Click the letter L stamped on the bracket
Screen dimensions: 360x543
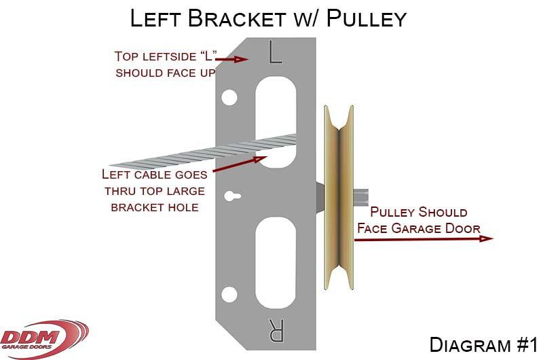coord(274,53)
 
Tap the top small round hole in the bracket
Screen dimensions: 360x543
coord(229,98)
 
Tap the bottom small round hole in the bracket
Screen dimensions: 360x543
coord(229,295)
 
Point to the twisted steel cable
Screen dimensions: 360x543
coord(197,153)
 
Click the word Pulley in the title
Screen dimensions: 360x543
coord(366,18)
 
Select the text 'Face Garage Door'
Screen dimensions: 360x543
coord(419,228)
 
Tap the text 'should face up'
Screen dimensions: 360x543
coord(165,72)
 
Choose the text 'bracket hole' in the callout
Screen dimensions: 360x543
coord(155,207)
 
